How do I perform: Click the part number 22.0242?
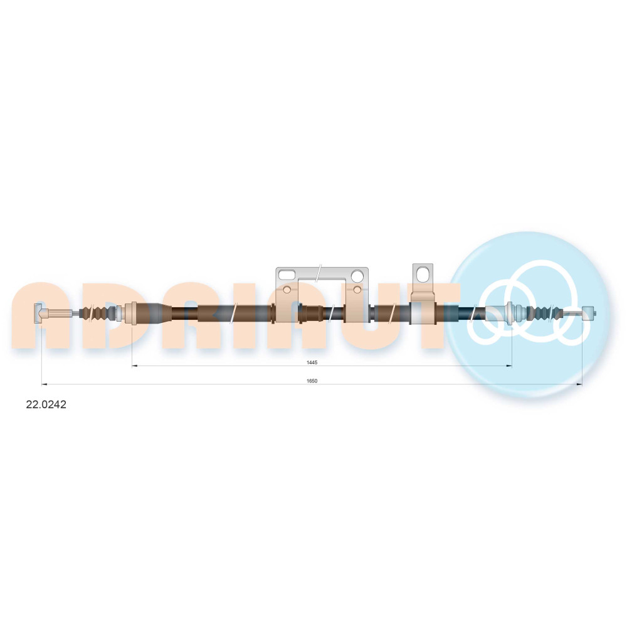pyautogui.click(x=46, y=404)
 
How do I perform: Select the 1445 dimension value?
pyautogui.click(x=312, y=362)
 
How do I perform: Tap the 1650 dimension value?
pyautogui.click(x=312, y=381)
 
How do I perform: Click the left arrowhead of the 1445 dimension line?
pyautogui.click(x=135, y=366)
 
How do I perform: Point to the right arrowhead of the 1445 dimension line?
pyautogui.click(x=509, y=366)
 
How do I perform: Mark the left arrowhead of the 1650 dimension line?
pyautogui.click(x=45, y=384)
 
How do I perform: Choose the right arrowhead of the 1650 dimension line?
pyautogui.click(x=579, y=384)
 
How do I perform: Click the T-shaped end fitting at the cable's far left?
pyautogui.click(x=38, y=313)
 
